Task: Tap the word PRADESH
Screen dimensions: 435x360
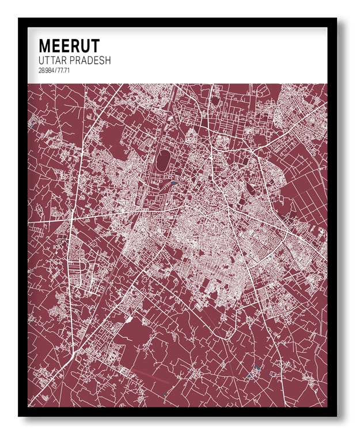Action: point(90,60)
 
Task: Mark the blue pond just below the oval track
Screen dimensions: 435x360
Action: point(174,183)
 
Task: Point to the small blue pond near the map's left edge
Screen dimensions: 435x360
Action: point(35,123)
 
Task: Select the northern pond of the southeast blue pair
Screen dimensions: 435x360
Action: point(257,367)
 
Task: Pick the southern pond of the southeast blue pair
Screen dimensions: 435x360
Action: point(249,376)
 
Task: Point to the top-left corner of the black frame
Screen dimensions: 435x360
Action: point(19,19)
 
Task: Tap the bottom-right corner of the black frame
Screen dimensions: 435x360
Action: point(337,415)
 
